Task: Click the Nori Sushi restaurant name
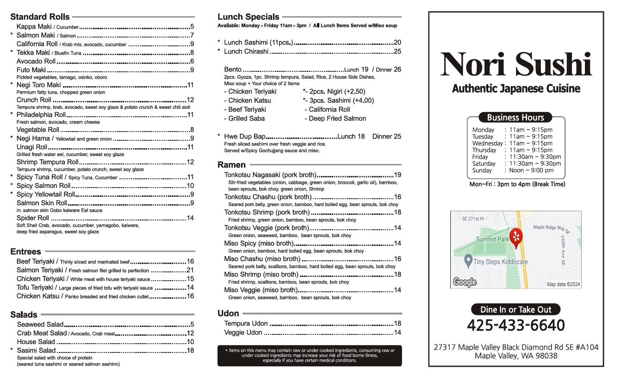click(x=516, y=65)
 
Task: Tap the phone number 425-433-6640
click(x=515, y=325)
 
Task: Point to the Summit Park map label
click(x=492, y=239)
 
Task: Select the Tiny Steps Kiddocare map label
click(x=500, y=262)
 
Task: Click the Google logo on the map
click(x=465, y=282)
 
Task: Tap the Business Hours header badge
click(x=515, y=117)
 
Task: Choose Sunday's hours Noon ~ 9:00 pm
click(x=531, y=170)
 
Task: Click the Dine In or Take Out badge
click(x=515, y=309)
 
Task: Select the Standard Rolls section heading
click(x=40, y=17)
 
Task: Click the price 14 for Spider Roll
click(x=190, y=218)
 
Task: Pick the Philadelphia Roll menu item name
click(x=41, y=115)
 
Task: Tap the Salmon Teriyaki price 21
click(x=190, y=270)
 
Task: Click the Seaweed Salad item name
click(x=40, y=325)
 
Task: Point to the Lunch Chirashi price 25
click(x=397, y=51)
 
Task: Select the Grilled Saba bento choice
click(x=247, y=119)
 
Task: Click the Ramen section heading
click(x=231, y=165)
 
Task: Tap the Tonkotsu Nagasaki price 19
click(x=397, y=175)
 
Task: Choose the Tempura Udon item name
click(x=246, y=324)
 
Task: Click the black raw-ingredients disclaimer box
click(x=310, y=356)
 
